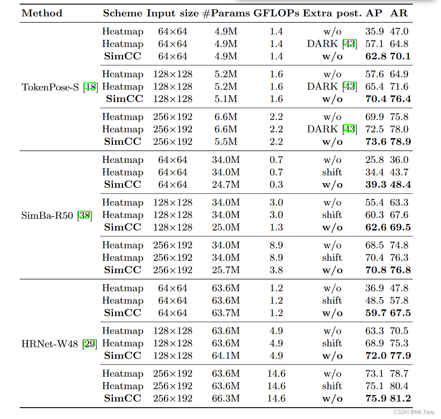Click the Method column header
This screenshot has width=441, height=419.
pos(42,13)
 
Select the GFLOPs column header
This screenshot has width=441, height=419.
pos(276,13)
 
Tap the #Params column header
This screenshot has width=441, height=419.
pos(226,13)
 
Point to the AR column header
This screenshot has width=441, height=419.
pos(399,13)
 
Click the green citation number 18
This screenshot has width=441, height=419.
pos(90,87)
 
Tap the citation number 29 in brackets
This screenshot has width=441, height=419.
pos(90,344)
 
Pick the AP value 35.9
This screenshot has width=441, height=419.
pos(374,31)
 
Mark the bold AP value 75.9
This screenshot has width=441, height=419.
pos(375,398)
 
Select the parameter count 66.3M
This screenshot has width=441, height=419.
pos(226,398)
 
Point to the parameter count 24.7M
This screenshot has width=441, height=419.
pos(226,184)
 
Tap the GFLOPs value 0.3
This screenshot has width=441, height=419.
pos(276,184)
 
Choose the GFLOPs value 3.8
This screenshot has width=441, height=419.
pos(276,270)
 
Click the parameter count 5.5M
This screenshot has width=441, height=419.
pos(226,141)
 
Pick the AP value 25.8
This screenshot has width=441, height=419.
pos(374,160)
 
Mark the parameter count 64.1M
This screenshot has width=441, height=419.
pos(226,356)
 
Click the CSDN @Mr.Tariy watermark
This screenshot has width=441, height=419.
pos(414,412)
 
